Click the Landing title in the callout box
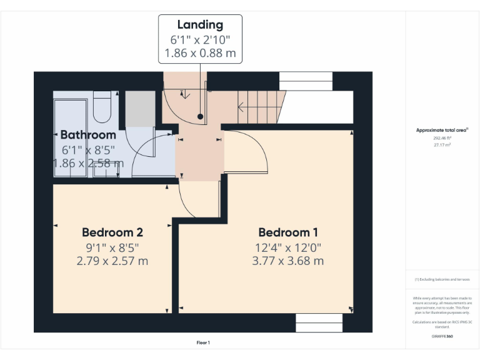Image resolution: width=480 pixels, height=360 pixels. click(x=200, y=25)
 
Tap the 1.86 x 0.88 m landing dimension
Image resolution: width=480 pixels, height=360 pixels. click(x=200, y=54)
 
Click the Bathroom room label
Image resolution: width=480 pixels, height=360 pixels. click(x=88, y=135)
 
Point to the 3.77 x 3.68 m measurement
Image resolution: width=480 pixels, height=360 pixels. click(x=287, y=261)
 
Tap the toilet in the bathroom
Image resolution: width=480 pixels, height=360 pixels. click(x=102, y=106)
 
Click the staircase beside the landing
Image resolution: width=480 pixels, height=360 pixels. click(x=260, y=106)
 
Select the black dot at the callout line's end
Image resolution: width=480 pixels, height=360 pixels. click(x=200, y=117)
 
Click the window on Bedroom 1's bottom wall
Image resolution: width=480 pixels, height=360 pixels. click(x=319, y=323)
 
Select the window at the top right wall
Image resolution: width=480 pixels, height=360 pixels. click(x=306, y=81)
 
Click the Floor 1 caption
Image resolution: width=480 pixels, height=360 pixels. click(x=203, y=342)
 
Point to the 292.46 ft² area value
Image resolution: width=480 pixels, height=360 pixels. click(x=442, y=138)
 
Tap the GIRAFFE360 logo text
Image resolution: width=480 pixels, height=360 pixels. click(x=442, y=336)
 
